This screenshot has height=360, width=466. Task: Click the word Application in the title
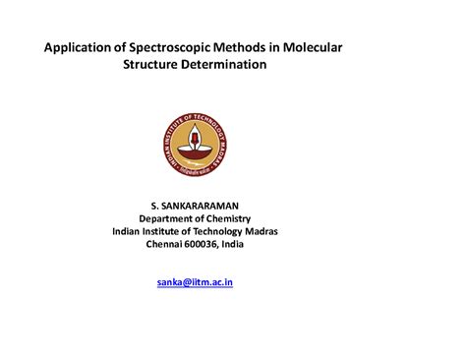(79, 47)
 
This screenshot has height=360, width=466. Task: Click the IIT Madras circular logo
(195, 144)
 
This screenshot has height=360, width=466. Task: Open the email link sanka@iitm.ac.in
(195, 282)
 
